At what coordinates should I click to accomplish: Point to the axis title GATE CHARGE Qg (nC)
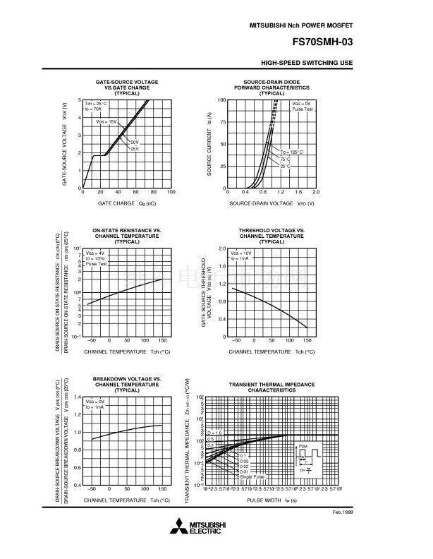tap(127, 203)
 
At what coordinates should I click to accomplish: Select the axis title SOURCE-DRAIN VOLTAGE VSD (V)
tap(272, 203)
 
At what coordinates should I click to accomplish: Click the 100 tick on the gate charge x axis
tap(171, 192)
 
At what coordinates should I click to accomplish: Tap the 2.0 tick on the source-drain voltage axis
tap(315, 192)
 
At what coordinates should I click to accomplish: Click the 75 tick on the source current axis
tap(222, 122)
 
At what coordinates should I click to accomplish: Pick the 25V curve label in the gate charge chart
tap(134, 149)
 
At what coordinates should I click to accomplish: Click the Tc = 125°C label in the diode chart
tap(291, 152)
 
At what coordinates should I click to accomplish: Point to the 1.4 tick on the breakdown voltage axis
tap(78, 397)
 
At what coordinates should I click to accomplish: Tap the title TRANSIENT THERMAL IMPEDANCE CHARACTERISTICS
tap(272, 387)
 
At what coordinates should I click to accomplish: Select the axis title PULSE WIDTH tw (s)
tap(272, 500)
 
